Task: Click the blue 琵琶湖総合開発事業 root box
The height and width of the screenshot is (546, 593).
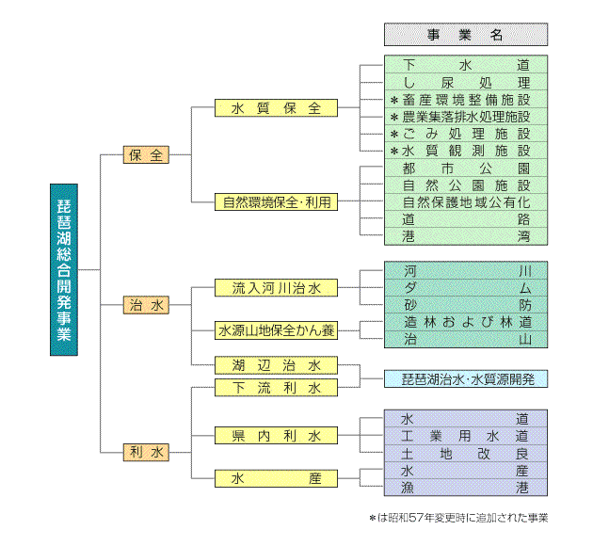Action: pyautogui.click(x=64, y=269)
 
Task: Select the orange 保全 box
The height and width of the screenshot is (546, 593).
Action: pyautogui.click(x=147, y=155)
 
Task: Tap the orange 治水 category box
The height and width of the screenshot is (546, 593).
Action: pyautogui.click(x=147, y=305)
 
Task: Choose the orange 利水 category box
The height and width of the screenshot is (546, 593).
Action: pyautogui.click(x=147, y=453)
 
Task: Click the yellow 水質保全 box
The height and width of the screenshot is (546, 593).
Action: pyautogui.click(x=276, y=108)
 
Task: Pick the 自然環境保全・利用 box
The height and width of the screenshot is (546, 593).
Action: pyautogui.click(x=276, y=201)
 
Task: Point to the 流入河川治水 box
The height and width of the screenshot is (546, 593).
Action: pyautogui.click(x=276, y=287)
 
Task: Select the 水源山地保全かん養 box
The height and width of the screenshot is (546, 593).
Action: pyautogui.click(x=276, y=330)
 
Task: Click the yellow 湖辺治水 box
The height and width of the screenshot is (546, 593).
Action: pyautogui.click(x=276, y=365)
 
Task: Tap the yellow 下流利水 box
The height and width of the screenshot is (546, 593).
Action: pyautogui.click(x=276, y=388)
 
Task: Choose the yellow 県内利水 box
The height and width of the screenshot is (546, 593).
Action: pyautogui.click(x=276, y=436)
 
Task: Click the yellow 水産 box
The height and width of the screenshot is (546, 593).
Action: pyautogui.click(x=276, y=479)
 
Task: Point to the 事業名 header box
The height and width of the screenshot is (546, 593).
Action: pyautogui.click(x=465, y=35)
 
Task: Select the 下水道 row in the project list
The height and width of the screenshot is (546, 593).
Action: pyautogui.click(x=465, y=66)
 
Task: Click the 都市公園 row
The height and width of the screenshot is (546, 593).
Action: pyautogui.click(x=465, y=169)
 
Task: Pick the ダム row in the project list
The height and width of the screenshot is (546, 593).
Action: pyautogui.click(x=465, y=287)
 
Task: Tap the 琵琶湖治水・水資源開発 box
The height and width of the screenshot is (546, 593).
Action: pyautogui.click(x=465, y=379)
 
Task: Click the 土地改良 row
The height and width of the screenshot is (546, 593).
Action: pyautogui.click(x=465, y=453)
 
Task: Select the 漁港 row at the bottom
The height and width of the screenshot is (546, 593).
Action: pyautogui.click(x=465, y=487)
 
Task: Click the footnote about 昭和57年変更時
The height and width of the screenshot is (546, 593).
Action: pyautogui.click(x=458, y=517)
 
